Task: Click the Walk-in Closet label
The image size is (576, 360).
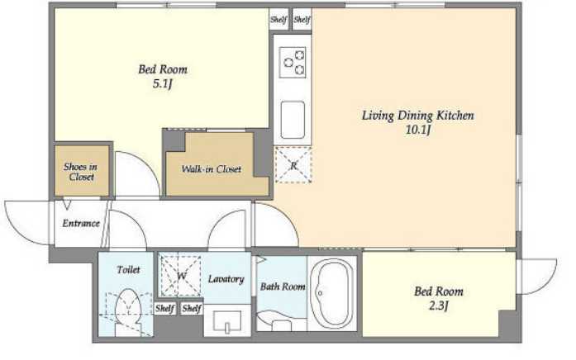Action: pyautogui.click(x=212, y=169)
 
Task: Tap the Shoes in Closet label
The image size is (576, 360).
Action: pyautogui.click(x=81, y=172)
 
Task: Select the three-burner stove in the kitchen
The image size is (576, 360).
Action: pyautogui.click(x=293, y=63)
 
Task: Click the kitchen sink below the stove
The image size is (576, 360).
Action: pyautogui.click(x=293, y=120)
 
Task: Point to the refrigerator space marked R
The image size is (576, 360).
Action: pyautogui.click(x=293, y=165)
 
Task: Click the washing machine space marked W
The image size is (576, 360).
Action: pyautogui.click(x=181, y=276)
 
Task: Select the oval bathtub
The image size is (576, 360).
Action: pyautogui.click(x=331, y=294)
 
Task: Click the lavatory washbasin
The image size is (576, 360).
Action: pyautogui.click(x=227, y=320)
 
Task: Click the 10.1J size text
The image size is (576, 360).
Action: pyautogui.click(x=417, y=130)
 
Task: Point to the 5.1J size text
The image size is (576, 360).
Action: pyautogui.click(x=162, y=84)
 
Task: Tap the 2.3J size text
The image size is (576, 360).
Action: pyautogui.click(x=438, y=306)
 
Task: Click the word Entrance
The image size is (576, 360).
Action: pyautogui.click(x=81, y=223)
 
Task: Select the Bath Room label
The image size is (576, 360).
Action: pyautogui.click(x=283, y=287)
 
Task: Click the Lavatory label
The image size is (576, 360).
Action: pyautogui.click(x=226, y=279)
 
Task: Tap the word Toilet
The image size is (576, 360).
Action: pyautogui.click(x=128, y=270)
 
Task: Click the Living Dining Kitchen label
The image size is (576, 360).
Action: pyautogui.click(x=417, y=116)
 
